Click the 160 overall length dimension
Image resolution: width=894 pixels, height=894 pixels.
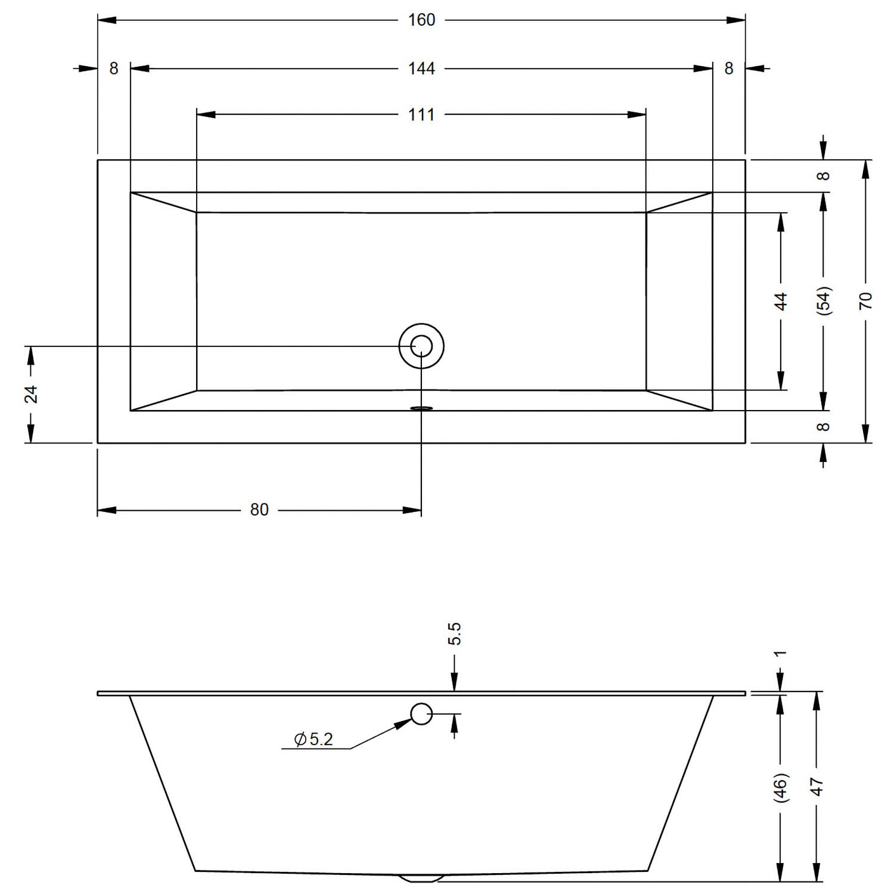(x=421, y=20)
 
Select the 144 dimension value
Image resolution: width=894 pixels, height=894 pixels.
(x=421, y=69)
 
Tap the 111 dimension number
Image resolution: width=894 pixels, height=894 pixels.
(x=421, y=114)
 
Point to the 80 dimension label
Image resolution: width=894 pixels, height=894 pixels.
(x=259, y=510)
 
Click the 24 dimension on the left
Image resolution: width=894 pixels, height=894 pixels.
(x=31, y=394)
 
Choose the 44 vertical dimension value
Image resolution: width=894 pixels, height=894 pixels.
(x=781, y=301)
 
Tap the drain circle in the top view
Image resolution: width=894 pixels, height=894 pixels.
(x=421, y=346)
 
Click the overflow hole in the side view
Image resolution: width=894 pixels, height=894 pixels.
(x=421, y=713)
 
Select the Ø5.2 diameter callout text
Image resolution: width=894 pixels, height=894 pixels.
(x=313, y=739)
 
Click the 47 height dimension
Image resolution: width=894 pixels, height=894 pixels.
(x=817, y=787)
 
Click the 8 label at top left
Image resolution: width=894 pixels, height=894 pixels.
(x=114, y=69)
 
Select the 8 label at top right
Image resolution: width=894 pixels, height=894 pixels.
(x=729, y=69)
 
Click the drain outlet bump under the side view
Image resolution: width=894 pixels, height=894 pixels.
(x=421, y=877)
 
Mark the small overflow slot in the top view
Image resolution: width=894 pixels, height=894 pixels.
(x=421, y=408)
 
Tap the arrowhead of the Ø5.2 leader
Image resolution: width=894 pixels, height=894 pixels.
(x=405, y=722)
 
